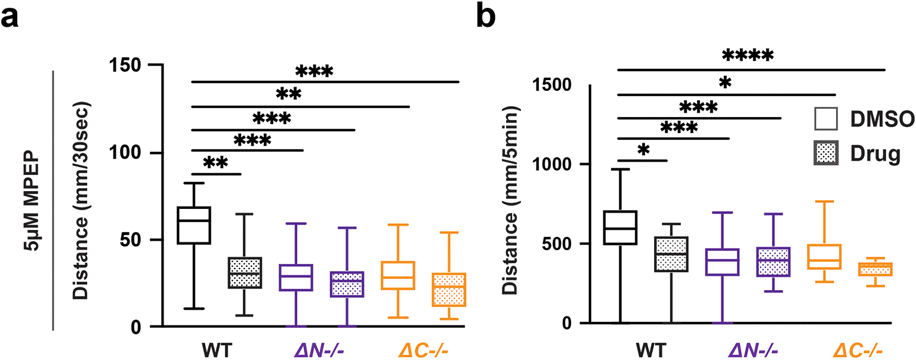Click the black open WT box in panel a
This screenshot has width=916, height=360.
(195, 225)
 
